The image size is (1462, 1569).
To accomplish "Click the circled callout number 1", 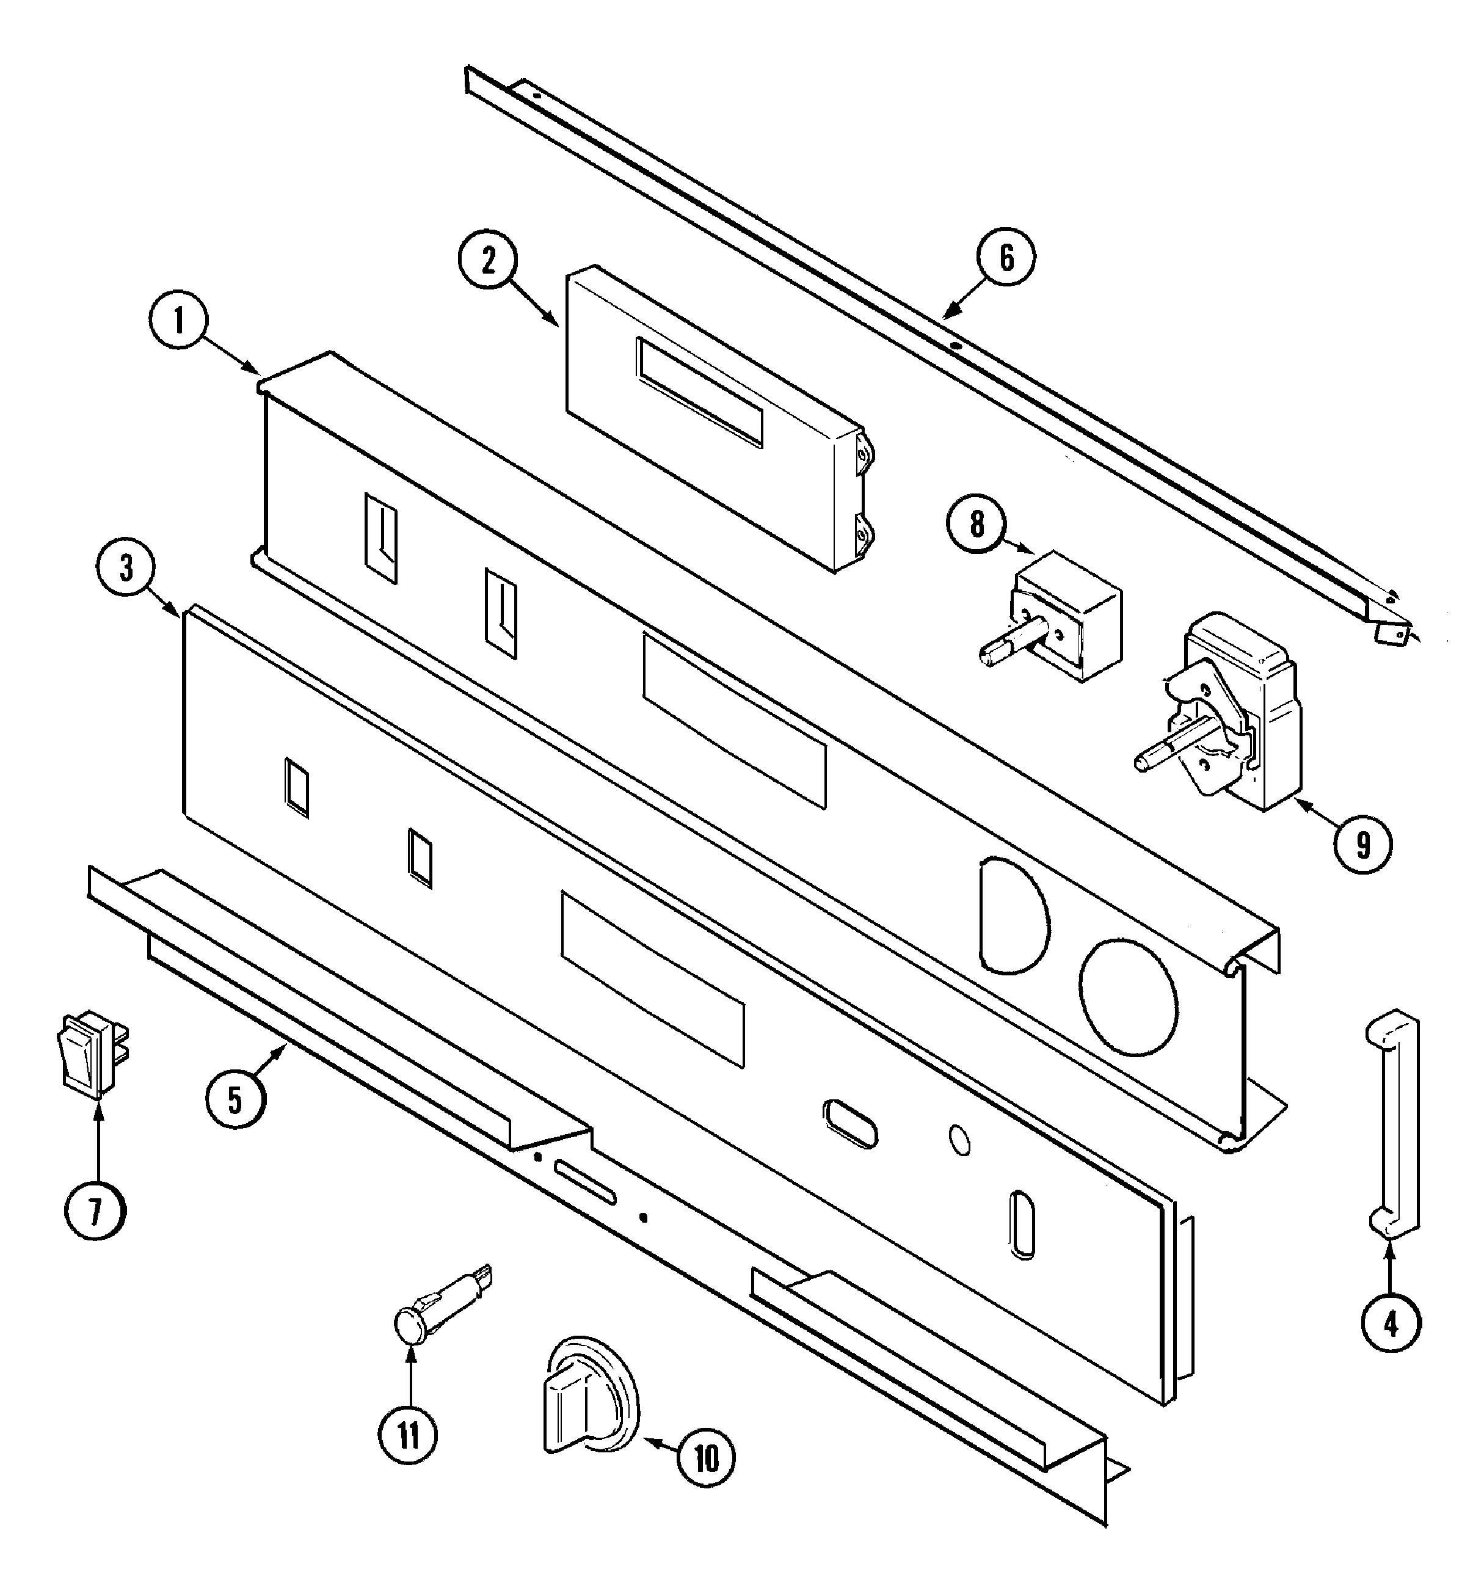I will click(178, 321).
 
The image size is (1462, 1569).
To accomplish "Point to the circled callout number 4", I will click(1390, 1323).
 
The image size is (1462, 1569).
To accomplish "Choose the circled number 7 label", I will click(95, 1213).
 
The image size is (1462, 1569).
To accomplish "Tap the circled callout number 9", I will click(1362, 845).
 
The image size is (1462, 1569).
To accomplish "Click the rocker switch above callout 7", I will click(89, 1056).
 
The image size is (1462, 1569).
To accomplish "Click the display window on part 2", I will click(700, 392).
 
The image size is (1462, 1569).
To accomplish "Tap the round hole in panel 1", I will click(1129, 997).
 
